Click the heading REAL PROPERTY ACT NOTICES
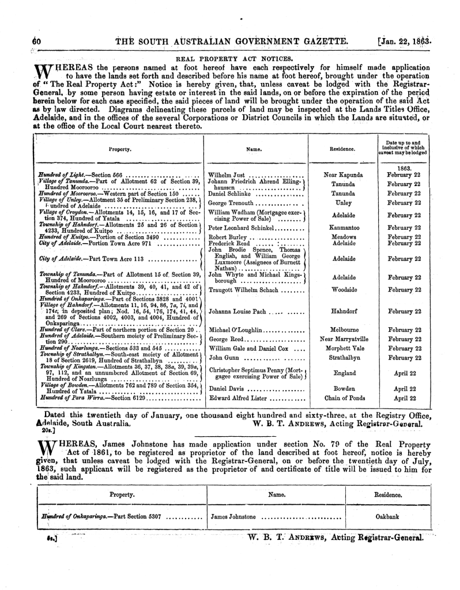tap(230, 58)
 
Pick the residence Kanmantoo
tap(342, 228)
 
